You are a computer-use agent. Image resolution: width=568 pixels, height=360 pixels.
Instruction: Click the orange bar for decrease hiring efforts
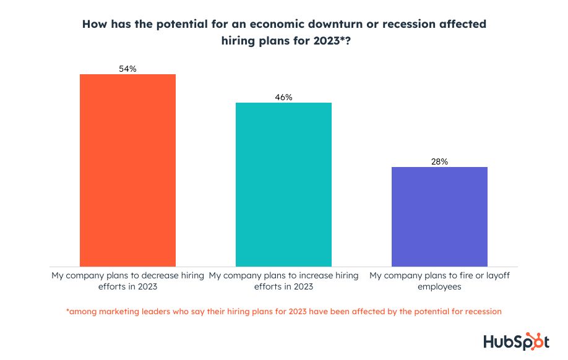click(x=128, y=170)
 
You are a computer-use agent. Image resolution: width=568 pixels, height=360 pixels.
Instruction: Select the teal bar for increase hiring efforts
click(x=283, y=184)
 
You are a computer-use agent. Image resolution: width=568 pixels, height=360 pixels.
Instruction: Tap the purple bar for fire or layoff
click(x=440, y=216)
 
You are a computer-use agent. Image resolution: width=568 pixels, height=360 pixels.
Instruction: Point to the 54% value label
click(x=127, y=69)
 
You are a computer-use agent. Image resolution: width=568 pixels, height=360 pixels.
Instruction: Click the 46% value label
click(x=283, y=97)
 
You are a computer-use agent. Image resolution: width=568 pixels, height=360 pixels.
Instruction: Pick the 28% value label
click(x=439, y=161)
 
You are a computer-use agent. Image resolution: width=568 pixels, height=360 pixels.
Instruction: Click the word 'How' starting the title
click(x=93, y=24)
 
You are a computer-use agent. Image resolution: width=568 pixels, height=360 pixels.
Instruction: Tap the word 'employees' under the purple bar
click(x=439, y=287)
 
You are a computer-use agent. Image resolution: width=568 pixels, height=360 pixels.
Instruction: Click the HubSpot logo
click(x=515, y=341)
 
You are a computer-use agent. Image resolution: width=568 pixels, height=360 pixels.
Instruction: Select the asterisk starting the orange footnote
click(x=67, y=311)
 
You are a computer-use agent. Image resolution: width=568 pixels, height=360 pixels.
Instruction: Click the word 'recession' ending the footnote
click(x=481, y=312)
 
